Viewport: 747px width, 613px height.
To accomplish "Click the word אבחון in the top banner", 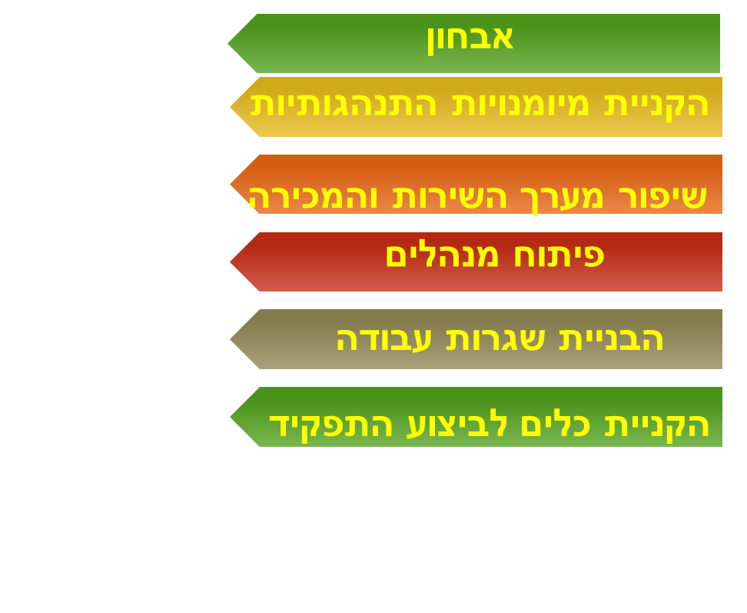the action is point(470,39).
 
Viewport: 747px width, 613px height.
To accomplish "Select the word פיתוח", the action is point(559,255).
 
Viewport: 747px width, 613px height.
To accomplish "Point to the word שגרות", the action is point(496,339).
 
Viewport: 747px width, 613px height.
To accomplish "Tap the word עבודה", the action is point(384,339).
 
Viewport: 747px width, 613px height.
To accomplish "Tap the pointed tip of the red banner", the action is point(230,262).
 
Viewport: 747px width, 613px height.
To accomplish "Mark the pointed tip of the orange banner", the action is point(230,184).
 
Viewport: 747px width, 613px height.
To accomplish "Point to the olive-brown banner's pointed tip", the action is point(230,339).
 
